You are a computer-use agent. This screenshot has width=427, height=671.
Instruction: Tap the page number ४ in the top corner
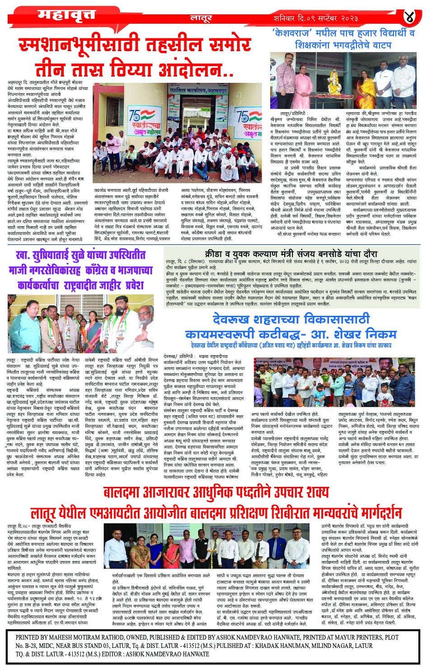pos(410,17)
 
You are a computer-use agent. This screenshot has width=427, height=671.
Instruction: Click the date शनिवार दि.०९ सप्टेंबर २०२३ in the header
pos(316,18)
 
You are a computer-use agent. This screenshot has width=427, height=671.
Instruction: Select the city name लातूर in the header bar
pos(201,19)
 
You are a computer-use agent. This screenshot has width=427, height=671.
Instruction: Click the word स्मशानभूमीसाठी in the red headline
pos(83,46)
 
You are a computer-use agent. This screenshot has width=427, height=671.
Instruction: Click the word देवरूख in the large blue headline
pos(238,319)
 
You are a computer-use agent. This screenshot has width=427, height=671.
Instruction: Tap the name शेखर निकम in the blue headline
pos(366,334)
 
